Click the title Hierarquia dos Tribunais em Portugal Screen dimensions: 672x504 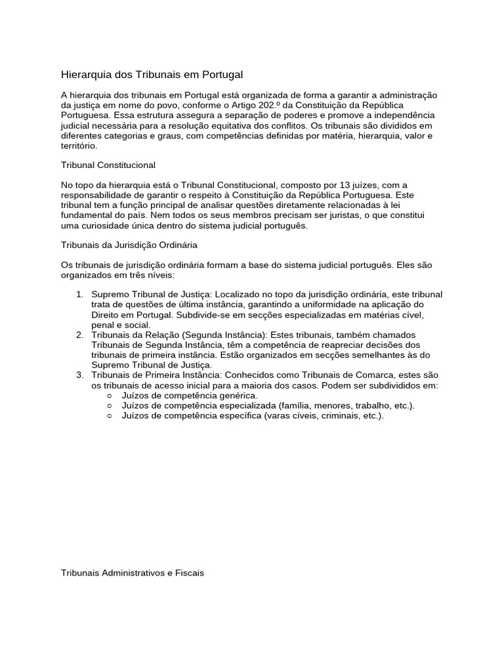pyautogui.click(x=152, y=75)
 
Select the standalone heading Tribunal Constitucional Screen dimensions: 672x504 pyautogui.click(x=108, y=164)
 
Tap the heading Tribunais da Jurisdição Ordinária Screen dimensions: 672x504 pyautogui.click(x=129, y=245)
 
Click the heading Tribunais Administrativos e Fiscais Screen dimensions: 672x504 pyautogui.click(x=133, y=573)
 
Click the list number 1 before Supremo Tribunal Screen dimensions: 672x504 pyautogui.click(x=79, y=295)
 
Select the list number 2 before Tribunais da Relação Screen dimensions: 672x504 pyautogui.click(x=79, y=335)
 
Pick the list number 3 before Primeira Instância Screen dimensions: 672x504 pyautogui.click(x=79, y=375)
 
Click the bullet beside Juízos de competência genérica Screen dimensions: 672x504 pyautogui.click(x=109, y=396)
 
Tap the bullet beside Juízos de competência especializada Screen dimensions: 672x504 pyautogui.click(x=109, y=406)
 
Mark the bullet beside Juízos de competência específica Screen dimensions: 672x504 pyautogui.click(x=109, y=416)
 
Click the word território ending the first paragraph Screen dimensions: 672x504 pyautogui.click(x=78, y=146)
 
